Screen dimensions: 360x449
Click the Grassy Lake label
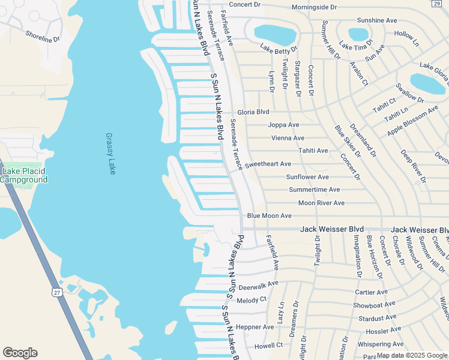point(110,154)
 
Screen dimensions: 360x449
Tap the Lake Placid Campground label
point(24,175)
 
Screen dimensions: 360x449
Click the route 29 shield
point(436,4)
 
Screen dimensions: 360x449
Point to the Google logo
point(20,353)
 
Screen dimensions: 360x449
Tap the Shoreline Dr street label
point(43,37)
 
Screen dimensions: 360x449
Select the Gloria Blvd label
point(253,112)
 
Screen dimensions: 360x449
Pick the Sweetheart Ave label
point(268,164)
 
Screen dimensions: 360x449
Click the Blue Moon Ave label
point(269,215)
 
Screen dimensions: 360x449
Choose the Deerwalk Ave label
point(259,284)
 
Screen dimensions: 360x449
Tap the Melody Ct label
point(252,299)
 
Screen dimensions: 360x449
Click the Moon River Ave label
point(321,203)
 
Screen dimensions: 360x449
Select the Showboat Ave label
point(374,305)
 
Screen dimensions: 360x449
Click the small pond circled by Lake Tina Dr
point(358,34)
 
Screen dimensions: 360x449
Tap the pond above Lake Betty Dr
point(275,35)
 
